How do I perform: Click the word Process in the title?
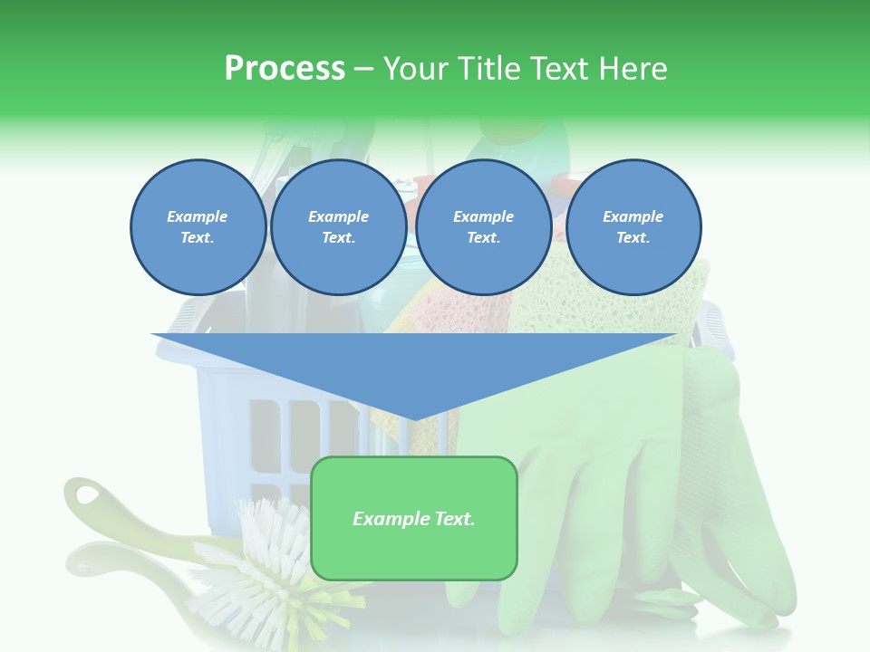285,69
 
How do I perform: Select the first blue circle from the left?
198,226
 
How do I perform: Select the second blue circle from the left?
338,226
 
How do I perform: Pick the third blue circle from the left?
483,226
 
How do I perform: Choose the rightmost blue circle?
633,226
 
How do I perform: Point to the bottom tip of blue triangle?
414,419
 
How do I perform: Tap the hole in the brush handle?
90,495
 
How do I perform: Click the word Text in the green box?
449,519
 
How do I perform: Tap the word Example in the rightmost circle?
633,216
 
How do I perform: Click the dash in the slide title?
363,69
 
